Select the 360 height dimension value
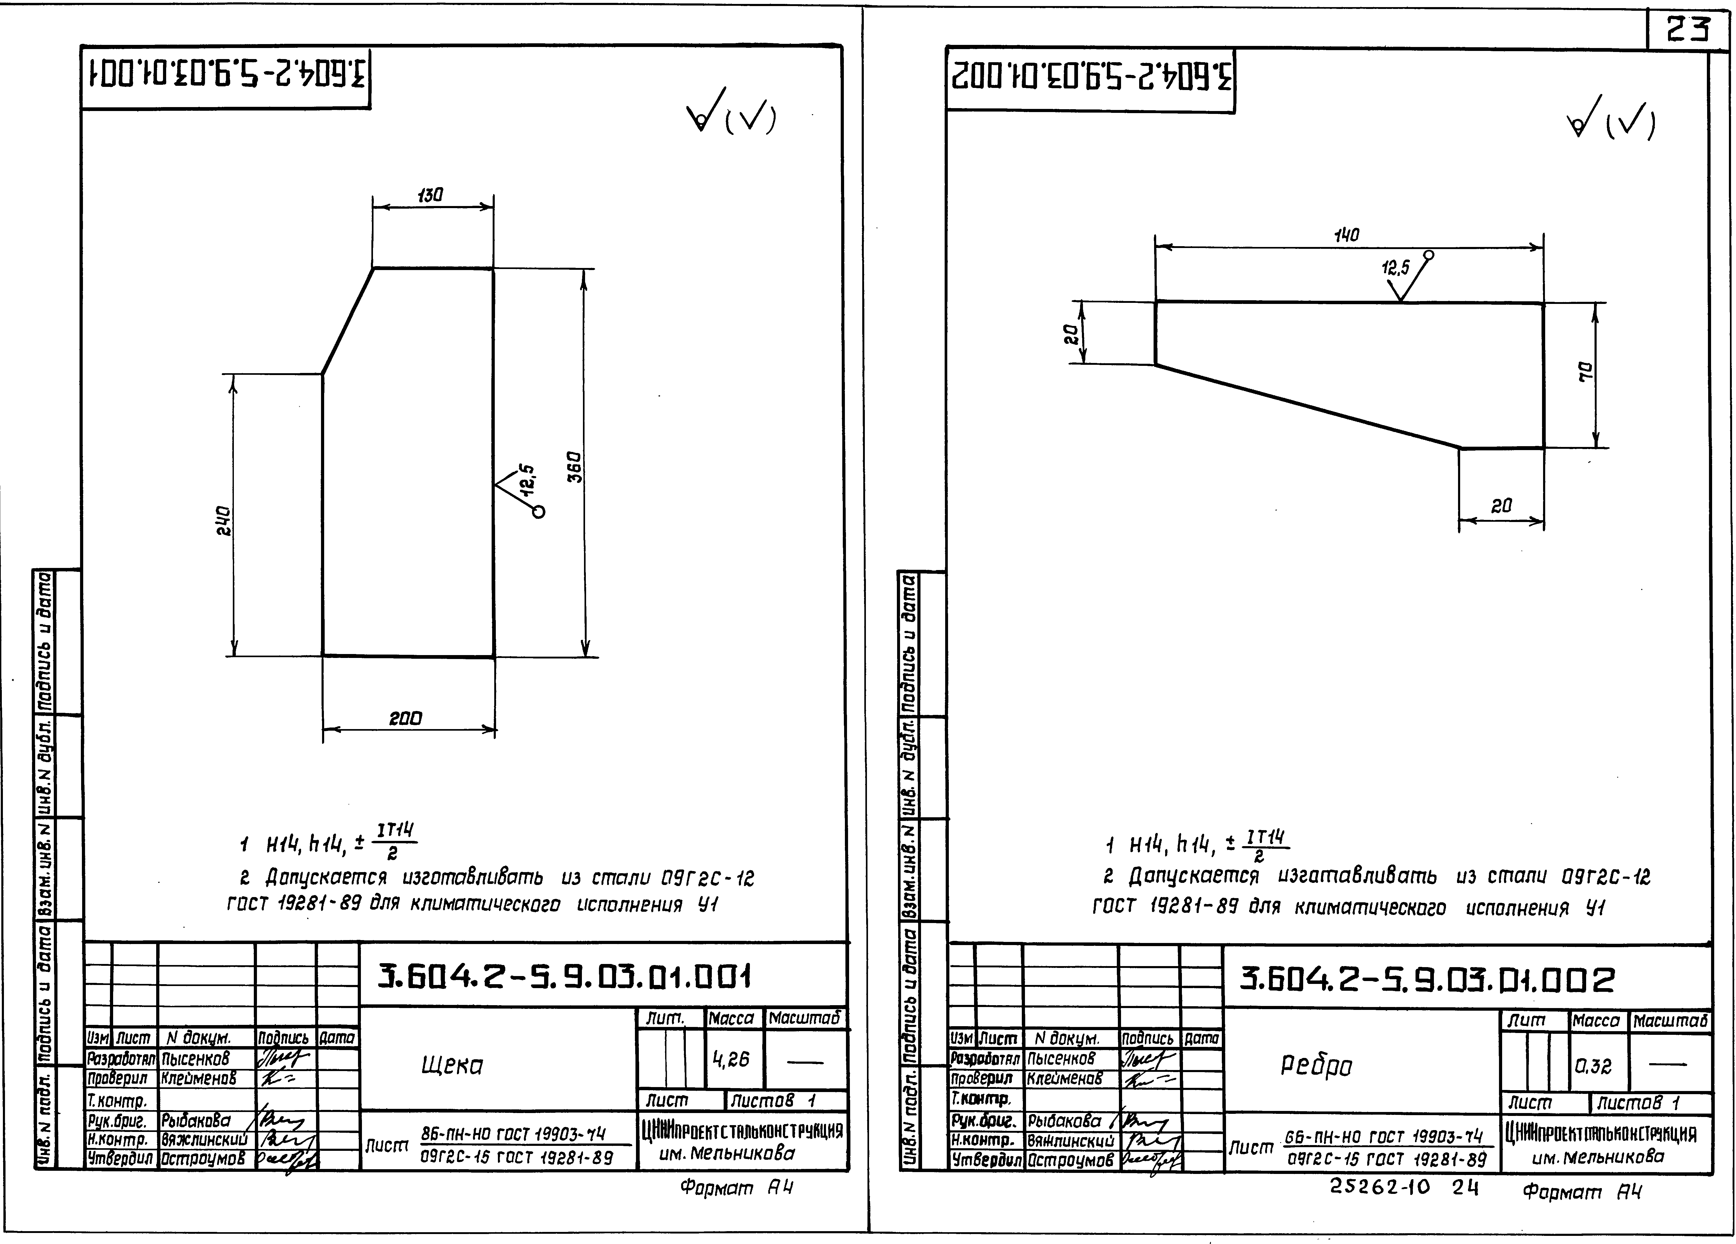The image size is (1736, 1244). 576,467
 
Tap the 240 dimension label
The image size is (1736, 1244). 223,521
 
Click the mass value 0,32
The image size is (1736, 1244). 1594,1066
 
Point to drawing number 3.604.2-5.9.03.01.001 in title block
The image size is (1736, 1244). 565,977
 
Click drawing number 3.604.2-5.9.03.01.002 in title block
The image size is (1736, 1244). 1428,980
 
